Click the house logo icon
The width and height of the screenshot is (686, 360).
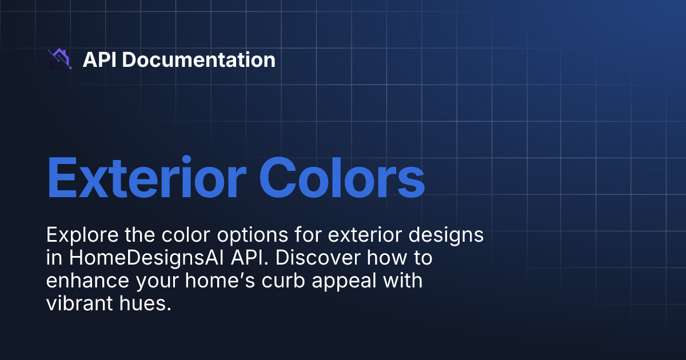59,59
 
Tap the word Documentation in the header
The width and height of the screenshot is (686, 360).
198,59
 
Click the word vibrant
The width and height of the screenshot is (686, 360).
79,304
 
